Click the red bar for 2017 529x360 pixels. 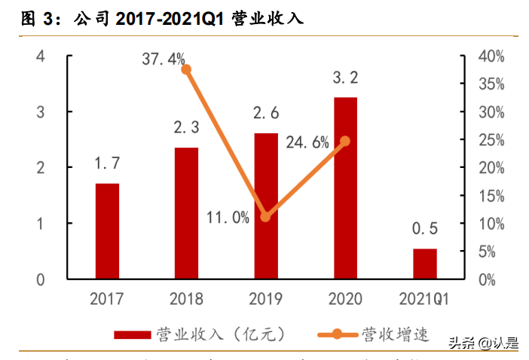107,231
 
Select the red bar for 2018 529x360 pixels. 186,213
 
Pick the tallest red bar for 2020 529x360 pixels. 345,188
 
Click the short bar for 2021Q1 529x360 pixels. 425,264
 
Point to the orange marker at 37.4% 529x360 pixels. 186,69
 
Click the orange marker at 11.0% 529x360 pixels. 265,217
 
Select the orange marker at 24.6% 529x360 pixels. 345,141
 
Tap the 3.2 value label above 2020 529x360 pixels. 345,78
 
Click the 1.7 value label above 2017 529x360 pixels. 107,163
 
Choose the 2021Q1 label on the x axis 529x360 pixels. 425,299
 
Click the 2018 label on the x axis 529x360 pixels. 186,299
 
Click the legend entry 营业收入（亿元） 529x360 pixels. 200,334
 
